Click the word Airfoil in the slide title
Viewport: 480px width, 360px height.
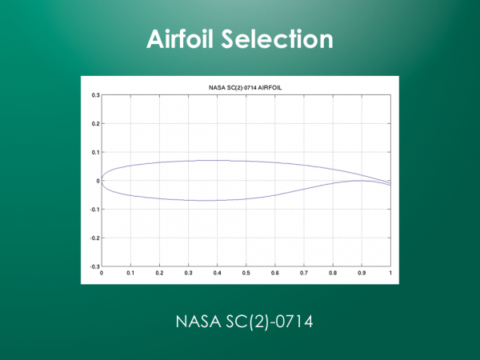coord(180,39)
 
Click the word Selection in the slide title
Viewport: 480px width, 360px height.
coord(277,39)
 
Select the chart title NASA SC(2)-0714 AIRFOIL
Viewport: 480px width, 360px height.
coord(246,87)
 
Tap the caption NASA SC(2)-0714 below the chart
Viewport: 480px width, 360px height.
coord(244,322)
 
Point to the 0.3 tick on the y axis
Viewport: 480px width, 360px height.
coord(96,95)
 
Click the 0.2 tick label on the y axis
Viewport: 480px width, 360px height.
coord(96,124)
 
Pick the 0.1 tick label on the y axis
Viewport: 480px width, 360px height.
coord(96,152)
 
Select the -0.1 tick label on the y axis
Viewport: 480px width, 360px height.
coord(95,210)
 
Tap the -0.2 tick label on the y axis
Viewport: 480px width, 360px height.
coord(95,238)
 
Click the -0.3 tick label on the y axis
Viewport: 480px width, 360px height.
coord(95,266)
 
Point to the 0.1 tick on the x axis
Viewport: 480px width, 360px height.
coord(130,273)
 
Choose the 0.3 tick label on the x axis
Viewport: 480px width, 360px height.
coord(188,273)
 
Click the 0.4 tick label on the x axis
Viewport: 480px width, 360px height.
coord(217,273)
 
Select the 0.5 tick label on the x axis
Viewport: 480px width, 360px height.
coord(246,273)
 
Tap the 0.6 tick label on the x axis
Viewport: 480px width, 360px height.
coord(275,273)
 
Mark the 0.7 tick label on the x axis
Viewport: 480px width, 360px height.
coord(304,273)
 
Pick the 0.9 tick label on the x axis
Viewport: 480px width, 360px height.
coord(362,273)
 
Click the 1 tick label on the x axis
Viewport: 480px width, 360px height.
coord(390,273)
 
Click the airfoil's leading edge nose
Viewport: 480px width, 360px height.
coord(102,181)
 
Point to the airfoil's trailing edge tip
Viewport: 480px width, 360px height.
coord(390,184)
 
